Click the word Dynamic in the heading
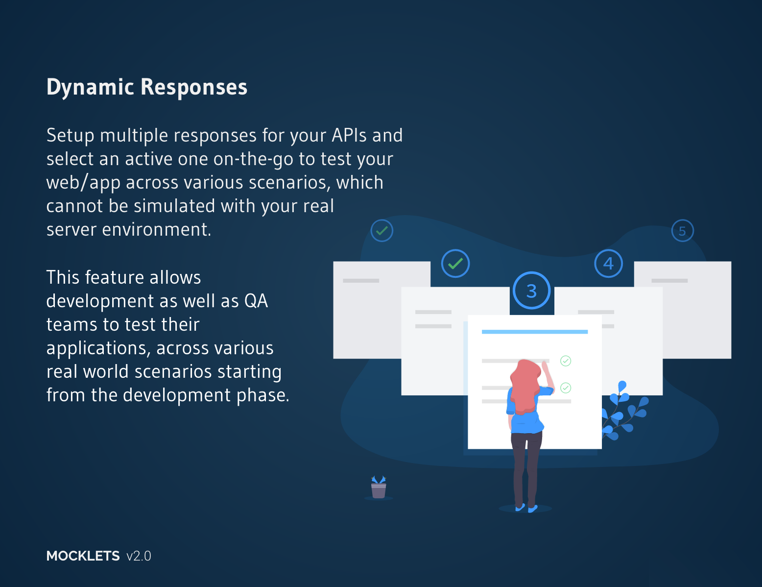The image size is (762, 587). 90,88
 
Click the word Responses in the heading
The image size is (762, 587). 194,88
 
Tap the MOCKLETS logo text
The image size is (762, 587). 83,556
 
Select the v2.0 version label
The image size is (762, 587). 139,556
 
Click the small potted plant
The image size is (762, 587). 379,487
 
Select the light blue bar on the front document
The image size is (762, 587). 535,332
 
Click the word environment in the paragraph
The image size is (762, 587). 156,230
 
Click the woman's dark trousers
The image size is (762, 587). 526,469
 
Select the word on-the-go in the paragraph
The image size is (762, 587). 253,159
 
